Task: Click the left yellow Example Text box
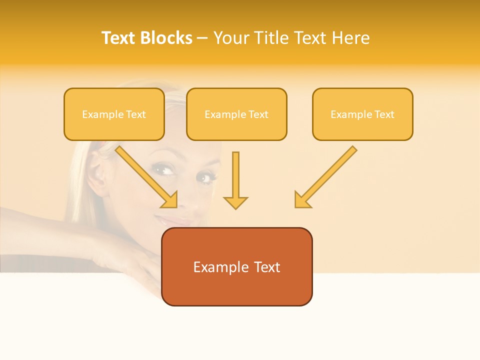click(x=114, y=114)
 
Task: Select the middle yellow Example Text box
click(x=236, y=114)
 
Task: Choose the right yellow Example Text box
click(x=362, y=114)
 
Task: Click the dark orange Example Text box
click(x=236, y=267)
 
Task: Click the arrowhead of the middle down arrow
click(x=235, y=202)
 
